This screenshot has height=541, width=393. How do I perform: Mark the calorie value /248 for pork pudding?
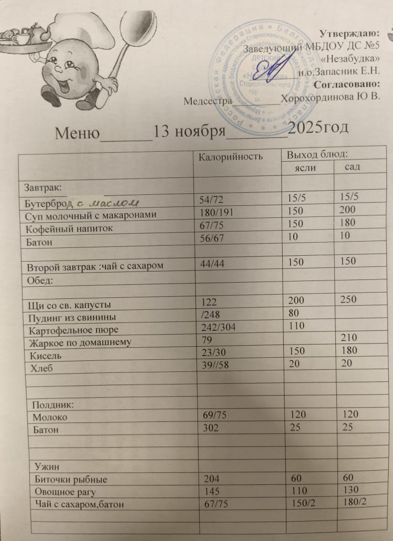click(x=212, y=316)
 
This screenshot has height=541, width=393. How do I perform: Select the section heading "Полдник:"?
click(x=53, y=405)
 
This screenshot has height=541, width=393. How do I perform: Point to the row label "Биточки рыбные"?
click(x=70, y=480)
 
